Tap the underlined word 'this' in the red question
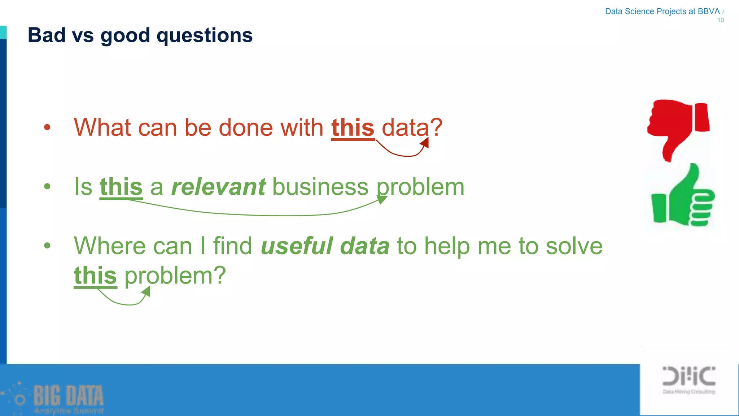(353, 128)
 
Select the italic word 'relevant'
(218, 187)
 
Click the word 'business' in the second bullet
(320, 187)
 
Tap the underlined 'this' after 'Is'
(121, 187)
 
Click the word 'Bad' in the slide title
(47, 35)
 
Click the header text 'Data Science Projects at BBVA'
(662, 12)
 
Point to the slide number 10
(720, 20)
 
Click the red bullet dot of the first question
(47, 127)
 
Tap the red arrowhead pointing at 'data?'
(425, 143)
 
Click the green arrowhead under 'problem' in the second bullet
(381, 199)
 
